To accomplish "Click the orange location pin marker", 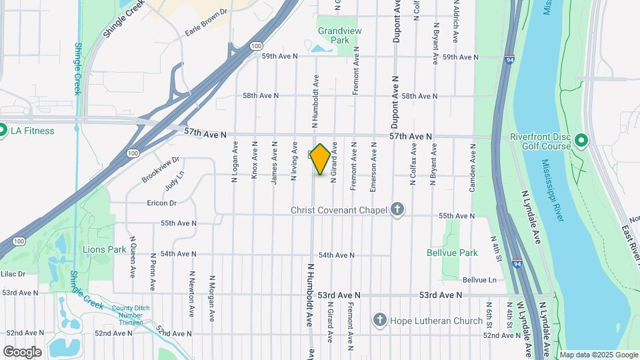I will [320, 159].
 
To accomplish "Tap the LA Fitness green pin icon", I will [3, 130].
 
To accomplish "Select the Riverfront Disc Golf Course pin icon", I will [580, 141].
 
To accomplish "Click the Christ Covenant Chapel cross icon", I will [397, 210].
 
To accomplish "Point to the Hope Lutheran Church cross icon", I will [380, 321].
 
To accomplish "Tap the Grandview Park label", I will [333, 35].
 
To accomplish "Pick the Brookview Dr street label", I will [161, 170].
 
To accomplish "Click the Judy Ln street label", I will [174, 180].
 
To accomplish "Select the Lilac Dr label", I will [13, 273].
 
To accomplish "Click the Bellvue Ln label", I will [479, 280].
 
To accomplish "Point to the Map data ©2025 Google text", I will [599, 355].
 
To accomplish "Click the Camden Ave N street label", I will [473, 172].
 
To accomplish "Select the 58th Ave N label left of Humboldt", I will [260, 96].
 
